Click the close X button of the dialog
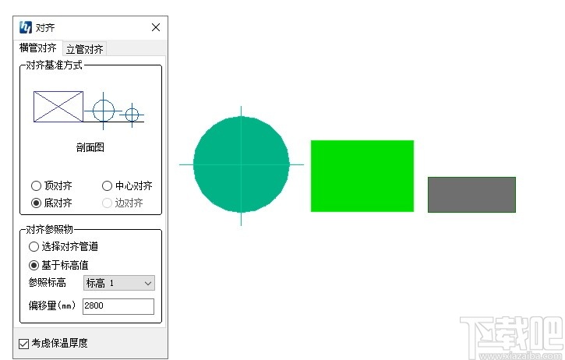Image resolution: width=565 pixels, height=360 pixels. pos(156,27)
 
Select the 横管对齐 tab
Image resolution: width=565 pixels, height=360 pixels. pos(38,48)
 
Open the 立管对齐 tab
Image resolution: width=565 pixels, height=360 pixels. pos(85,49)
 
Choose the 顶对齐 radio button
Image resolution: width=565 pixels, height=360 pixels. pos(36,186)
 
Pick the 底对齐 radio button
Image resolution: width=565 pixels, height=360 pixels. pos(36,203)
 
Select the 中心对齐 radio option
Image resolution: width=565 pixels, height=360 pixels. pos(107,186)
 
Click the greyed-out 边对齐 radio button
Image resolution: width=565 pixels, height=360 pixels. pos(107,203)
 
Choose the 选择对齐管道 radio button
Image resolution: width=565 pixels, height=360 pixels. pos(34,247)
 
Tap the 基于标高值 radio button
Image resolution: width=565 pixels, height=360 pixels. pos(34,266)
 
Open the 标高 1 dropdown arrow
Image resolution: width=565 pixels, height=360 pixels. pos(148,283)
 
